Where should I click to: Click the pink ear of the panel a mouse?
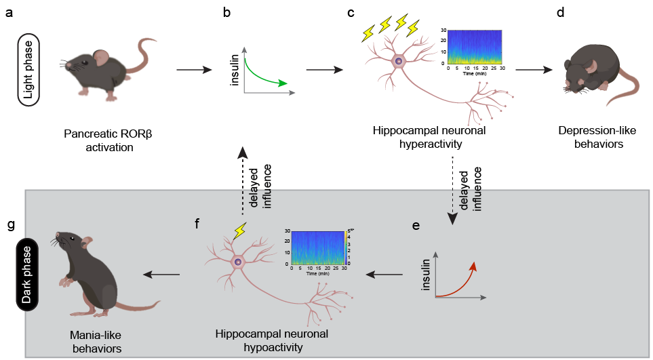[x=100, y=57]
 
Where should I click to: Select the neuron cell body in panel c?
[x=399, y=61]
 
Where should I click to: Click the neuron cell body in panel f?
[x=238, y=261]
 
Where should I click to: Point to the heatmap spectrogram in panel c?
[x=474, y=47]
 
